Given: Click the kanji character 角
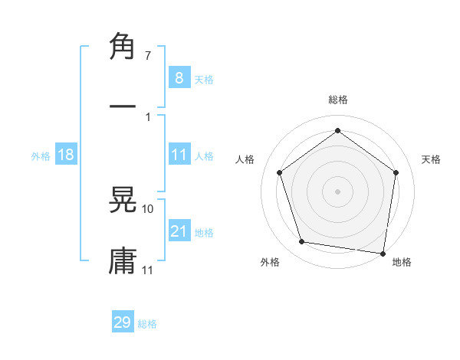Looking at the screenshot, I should [x=123, y=47].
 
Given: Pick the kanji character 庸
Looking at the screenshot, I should [x=123, y=260].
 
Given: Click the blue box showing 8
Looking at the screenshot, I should [x=179, y=77].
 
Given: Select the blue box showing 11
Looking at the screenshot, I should [x=179, y=155].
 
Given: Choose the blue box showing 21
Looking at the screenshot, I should [x=179, y=231].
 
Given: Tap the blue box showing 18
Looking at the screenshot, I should [x=66, y=155].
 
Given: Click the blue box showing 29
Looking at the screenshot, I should [x=123, y=322].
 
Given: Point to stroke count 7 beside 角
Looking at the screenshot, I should [x=147, y=56].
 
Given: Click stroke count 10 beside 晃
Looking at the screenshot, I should [x=147, y=208].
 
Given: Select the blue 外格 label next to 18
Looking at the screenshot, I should [x=41, y=155].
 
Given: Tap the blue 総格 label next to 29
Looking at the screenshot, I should [x=147, y=324].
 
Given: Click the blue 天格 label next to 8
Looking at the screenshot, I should [x=204, y=79].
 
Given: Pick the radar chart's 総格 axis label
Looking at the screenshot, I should [x=337, y=100].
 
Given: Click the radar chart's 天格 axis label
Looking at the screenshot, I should [x=431, y=159].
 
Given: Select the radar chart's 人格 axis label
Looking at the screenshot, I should [x=245, y=159].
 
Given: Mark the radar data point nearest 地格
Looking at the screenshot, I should [x=383, y=253].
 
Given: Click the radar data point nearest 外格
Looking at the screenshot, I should [x=302, y=242].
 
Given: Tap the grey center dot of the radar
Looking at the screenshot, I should [x=337, y=191].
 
